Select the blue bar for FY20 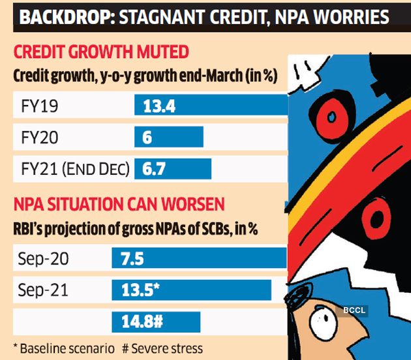[169, 138]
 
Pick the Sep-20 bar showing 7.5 [200, 258]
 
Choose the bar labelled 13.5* [192, 290]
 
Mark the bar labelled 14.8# [156, 321]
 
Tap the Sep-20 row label [42, 259]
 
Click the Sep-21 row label [42, 290]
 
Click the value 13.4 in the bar [159, 106]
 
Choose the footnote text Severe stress [166, 349]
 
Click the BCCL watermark [354, 310]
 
